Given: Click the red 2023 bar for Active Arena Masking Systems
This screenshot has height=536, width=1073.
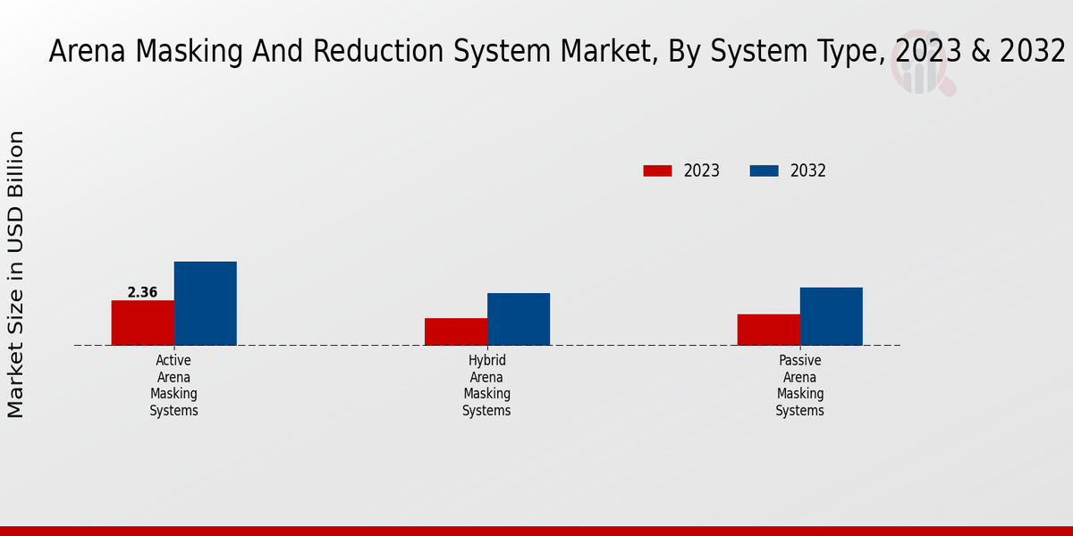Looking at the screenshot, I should click(142, 322).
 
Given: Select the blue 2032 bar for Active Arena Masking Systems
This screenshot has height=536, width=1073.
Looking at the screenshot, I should click(205, 303).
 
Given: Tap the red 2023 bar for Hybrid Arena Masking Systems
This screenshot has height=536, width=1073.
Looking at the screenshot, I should click(456, 331).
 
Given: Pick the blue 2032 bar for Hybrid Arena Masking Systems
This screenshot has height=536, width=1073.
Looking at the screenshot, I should click(519, 319).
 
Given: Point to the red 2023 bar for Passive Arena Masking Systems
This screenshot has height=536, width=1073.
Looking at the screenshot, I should click(768, 330).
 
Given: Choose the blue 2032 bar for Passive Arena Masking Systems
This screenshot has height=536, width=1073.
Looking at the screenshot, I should click(831, 316).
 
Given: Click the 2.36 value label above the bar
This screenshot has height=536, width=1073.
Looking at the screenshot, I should click(142, 292).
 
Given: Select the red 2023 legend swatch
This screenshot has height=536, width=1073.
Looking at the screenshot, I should click(657, 171).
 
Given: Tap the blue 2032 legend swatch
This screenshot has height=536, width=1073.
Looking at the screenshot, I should click(764, 171).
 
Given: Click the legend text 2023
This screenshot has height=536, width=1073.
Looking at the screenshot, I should click(702, 171).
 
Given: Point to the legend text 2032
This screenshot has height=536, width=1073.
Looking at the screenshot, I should click(808, 171).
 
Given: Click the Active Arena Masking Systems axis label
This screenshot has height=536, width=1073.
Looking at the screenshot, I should click(173, 385).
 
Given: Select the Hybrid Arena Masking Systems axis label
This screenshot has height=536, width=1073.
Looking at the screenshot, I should click(486, 385).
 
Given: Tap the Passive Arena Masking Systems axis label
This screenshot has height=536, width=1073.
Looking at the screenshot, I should click(799, 385).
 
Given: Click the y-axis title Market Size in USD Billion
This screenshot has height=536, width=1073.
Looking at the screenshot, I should click(16, 273).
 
